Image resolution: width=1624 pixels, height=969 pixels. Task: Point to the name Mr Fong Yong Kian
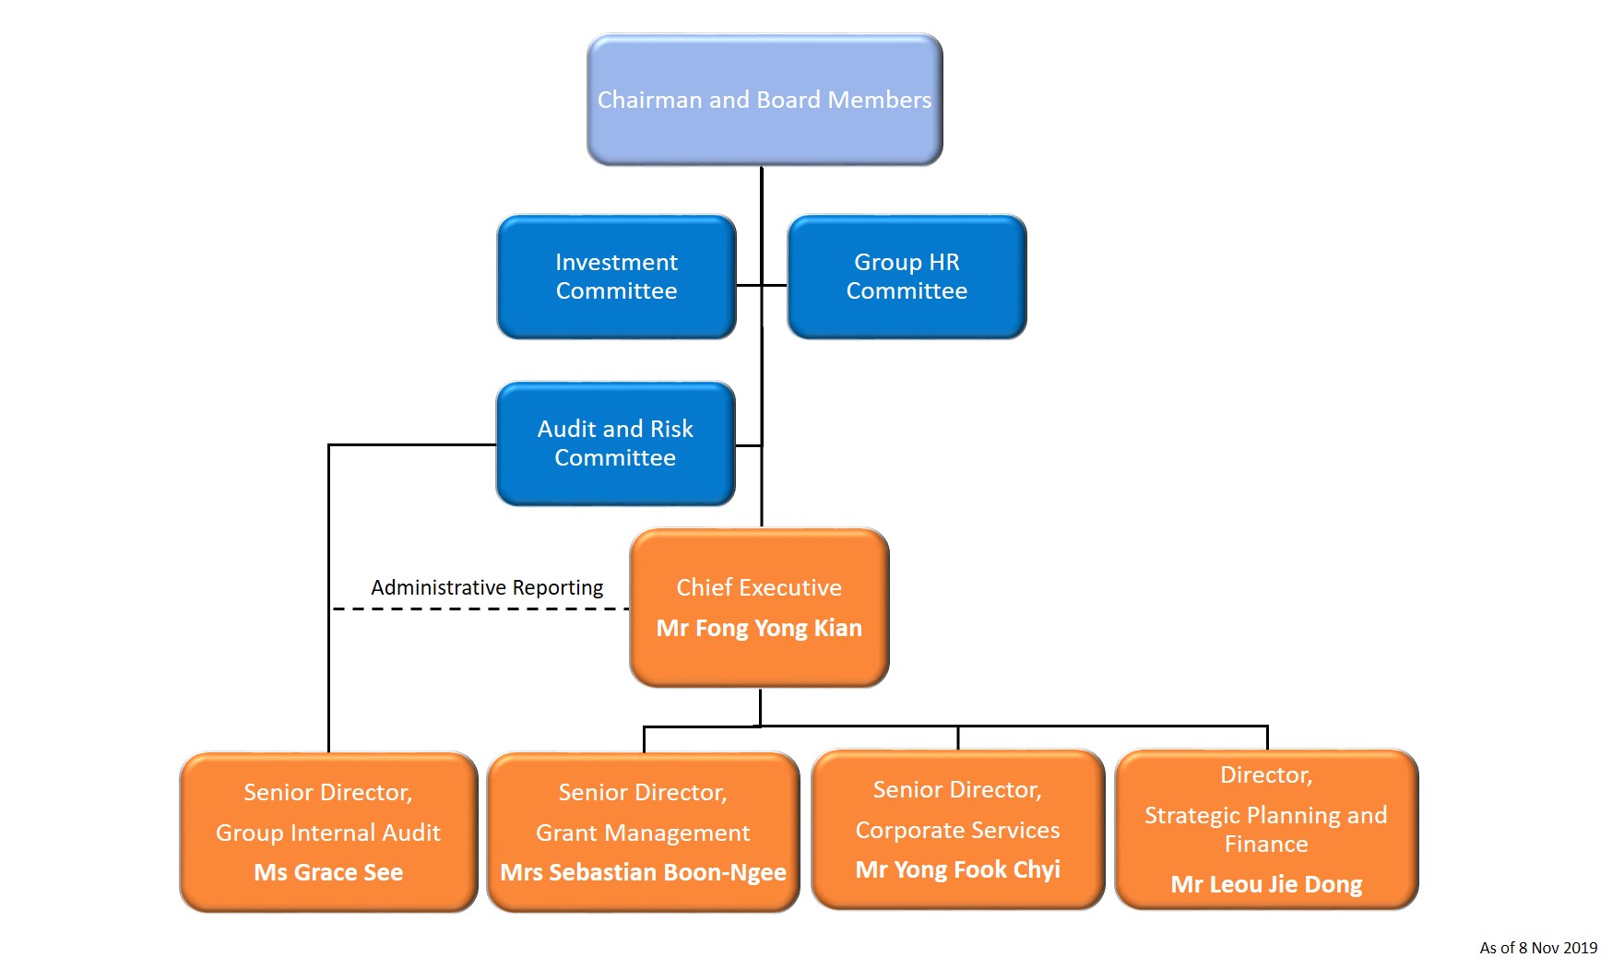pos(759,629)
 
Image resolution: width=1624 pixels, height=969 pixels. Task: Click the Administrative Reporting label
pos(487,588)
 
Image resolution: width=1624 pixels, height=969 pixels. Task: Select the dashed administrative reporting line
pos(480,609)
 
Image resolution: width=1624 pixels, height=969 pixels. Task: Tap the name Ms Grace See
pos(328,872)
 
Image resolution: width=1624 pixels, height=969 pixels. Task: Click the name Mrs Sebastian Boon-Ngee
pos(643,872)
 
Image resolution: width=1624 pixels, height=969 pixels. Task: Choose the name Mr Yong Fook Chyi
pos(957,869)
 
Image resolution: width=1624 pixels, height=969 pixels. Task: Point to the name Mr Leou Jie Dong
pos(1266,884)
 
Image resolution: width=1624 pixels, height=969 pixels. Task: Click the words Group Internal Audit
pos(328,833)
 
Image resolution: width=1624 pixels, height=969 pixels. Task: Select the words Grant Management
pos(643,833)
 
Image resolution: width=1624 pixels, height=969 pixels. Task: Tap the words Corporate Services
pos(957,830)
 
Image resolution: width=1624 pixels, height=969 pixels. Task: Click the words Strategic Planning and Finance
pos(1266,829)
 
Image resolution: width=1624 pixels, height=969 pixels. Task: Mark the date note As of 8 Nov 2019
pos(1538,948)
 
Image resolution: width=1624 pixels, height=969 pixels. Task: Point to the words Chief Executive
pos(759,588)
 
